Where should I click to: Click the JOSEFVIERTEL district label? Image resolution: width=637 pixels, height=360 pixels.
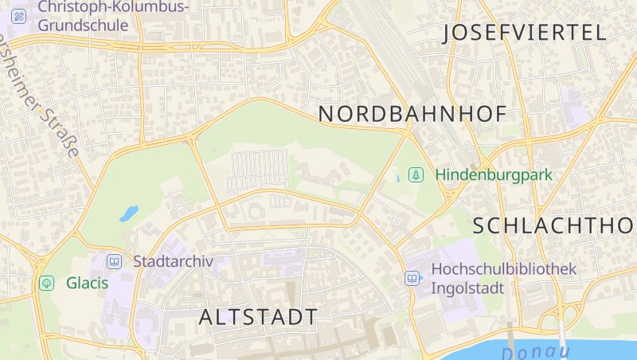[524, 33]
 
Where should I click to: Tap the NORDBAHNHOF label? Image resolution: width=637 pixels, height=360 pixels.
[412, 114]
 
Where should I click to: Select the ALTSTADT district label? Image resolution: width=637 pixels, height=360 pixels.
[258, 317]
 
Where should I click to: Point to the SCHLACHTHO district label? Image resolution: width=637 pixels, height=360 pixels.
[554, 225]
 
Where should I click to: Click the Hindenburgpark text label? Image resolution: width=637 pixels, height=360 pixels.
[494, 174]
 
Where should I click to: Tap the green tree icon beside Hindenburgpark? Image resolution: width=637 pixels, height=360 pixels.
[415, 174]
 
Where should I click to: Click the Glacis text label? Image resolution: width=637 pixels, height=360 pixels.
[87, 283]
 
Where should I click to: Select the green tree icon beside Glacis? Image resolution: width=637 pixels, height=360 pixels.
[47, 283]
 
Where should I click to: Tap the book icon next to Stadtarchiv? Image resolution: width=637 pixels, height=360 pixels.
[115, 261]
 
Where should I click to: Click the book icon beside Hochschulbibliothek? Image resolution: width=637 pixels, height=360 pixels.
[412, 278]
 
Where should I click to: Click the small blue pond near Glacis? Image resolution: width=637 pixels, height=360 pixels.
[128, 213]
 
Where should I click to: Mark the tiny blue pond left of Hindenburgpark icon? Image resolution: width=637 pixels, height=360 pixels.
[398, 178]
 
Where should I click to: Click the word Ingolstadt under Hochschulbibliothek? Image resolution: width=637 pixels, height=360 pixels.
[467, 288]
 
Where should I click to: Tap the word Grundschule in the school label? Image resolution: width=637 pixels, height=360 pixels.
[83, 25]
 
